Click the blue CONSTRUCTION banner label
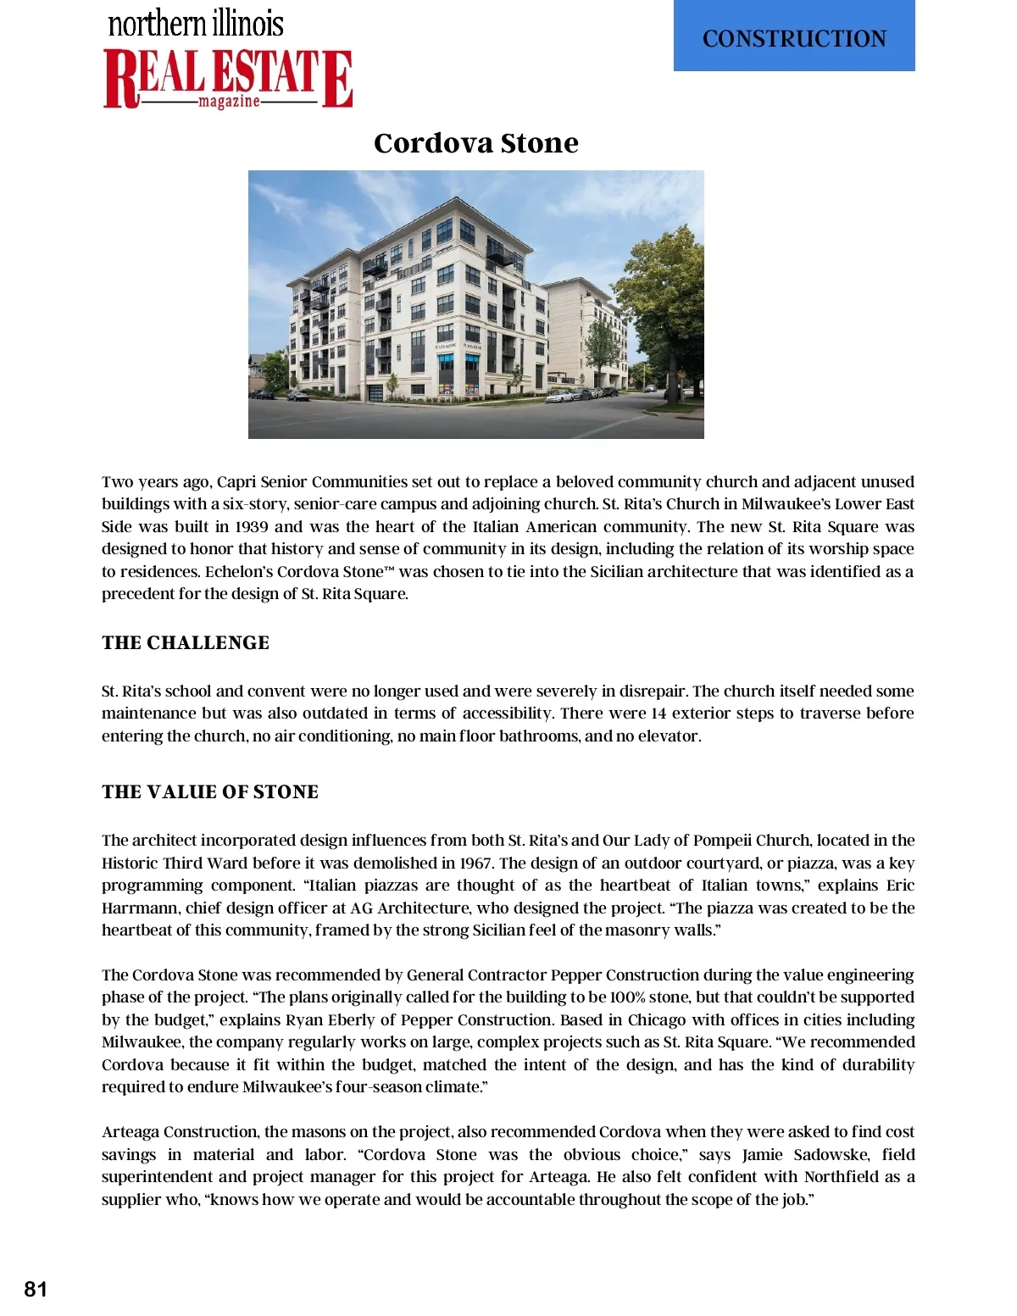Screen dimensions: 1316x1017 point(794,38)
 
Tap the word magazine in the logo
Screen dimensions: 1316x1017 point(229,102)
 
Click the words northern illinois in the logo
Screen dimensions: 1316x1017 point(196,23)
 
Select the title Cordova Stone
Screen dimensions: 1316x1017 point(475,142)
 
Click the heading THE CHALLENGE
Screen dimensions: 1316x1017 point(186,642)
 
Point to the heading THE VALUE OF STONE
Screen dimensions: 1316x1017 point(210,791)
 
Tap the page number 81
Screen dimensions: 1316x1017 point(36,1289)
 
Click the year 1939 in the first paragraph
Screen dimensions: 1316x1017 point(252,526)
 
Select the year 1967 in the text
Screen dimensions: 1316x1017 point(475,863)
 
